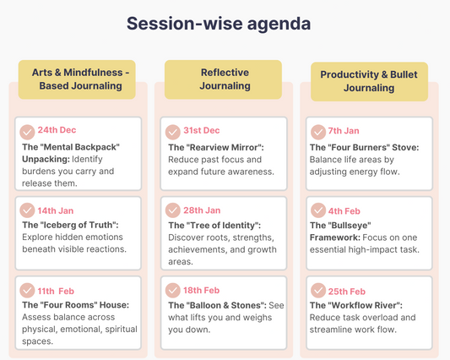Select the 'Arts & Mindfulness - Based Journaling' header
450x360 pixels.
click(x=79, y=79)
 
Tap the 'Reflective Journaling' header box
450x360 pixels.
click(x=225, y=79)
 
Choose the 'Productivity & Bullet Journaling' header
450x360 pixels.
click(x=369, y=81)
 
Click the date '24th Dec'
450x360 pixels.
click(x=57, y=130)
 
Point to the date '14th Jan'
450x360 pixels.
click(x=57, y=210)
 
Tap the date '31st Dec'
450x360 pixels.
click(x=202, y=130)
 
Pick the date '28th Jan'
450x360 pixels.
click(x=203, y=210)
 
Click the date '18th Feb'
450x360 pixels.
click(x=203, y=290)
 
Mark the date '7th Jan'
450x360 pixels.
click(x=344, y=131)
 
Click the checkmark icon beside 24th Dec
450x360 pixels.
click(x=28, y=131)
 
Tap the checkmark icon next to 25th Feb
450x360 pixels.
click(x=318, y=291)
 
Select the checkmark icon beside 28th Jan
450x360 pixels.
click(x=173, y=210)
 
